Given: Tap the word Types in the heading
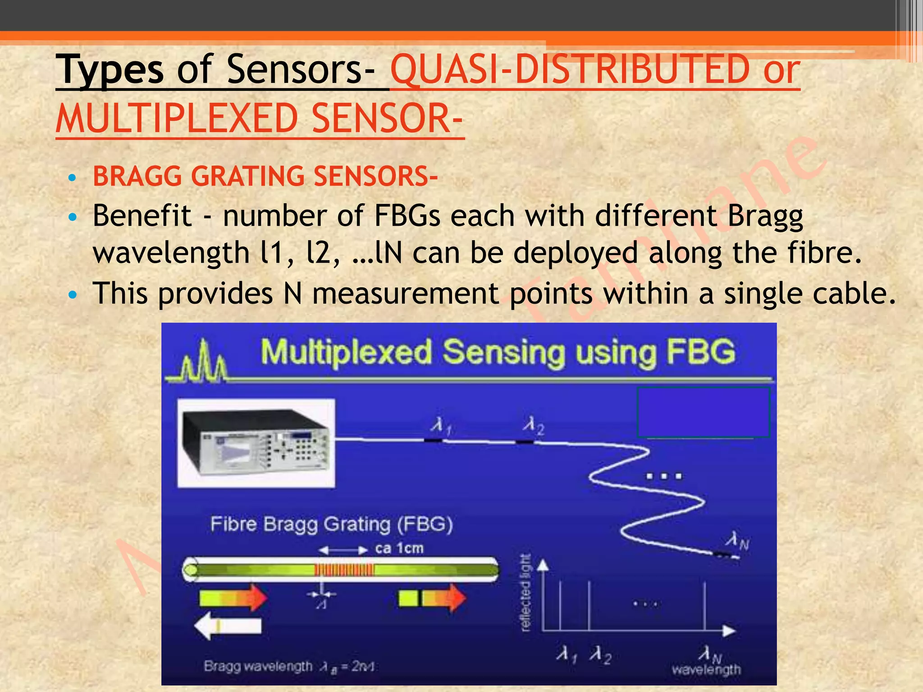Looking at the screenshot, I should click(110, 69).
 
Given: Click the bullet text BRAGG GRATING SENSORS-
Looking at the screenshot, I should click(265, 176).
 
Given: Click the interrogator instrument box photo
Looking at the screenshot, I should click(256, 442).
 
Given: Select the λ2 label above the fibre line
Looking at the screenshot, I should click(533, 425).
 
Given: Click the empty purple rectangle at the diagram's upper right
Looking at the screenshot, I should click(703, 412).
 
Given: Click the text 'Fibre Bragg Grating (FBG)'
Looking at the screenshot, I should click(331, 524).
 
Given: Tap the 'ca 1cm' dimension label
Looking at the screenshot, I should click(399, 549).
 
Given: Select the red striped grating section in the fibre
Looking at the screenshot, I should click(344, 570).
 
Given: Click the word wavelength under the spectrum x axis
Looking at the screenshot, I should click(706, 669).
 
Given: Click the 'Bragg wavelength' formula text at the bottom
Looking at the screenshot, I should click(288, 666).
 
